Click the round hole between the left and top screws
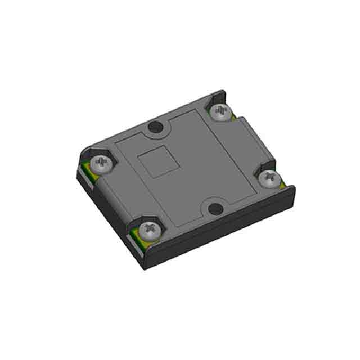pos(154,128)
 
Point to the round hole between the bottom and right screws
pos(215,209)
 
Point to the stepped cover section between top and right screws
pos(253,141)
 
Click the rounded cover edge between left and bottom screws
pos(118,197)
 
